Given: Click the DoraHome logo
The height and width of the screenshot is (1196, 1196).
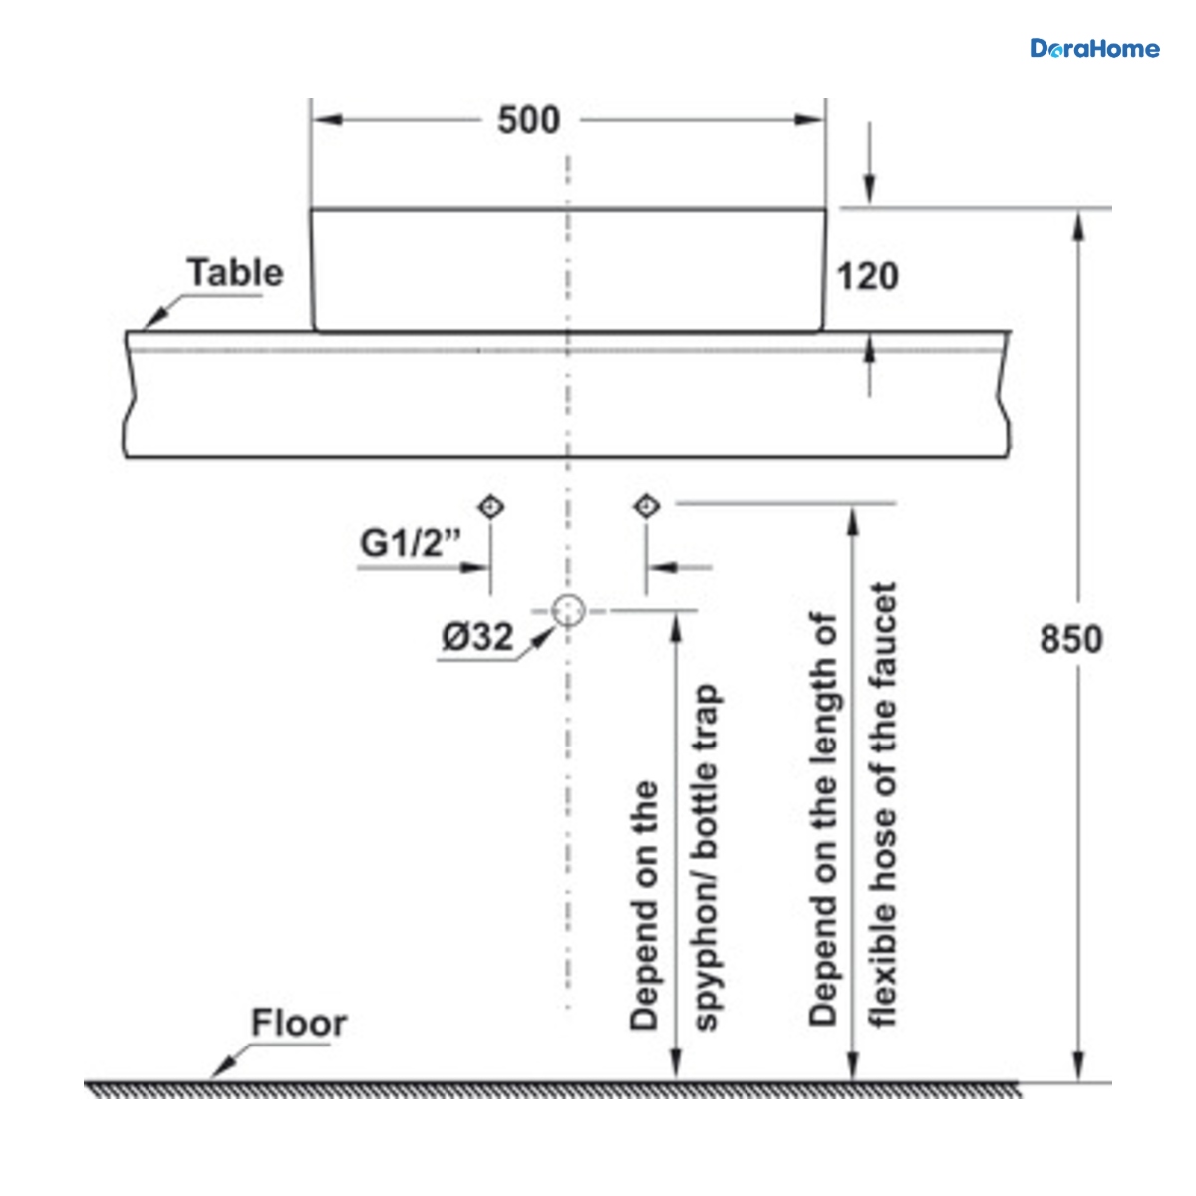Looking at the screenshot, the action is (1094, 49).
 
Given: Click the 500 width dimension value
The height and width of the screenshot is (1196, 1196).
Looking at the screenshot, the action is (529, 120).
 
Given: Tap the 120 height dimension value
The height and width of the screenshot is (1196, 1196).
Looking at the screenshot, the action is (868, 276).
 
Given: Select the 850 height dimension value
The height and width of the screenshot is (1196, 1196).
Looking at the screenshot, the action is (1071, 639).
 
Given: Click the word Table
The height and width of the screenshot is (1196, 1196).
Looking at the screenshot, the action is (235, 272).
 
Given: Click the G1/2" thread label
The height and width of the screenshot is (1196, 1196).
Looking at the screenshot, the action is (411, 543).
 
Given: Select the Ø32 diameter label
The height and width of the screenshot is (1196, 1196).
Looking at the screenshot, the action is (477, 636).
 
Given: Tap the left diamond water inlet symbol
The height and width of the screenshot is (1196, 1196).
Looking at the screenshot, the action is (491, 507).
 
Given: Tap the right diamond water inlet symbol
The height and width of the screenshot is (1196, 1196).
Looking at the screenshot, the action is (646, 506).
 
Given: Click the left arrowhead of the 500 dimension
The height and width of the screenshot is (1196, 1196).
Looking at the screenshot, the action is (327, 120).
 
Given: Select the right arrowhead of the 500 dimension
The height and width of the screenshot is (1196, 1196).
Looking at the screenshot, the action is (810, 120).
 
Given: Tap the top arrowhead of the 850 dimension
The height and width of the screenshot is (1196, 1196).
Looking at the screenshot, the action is (1078, 225).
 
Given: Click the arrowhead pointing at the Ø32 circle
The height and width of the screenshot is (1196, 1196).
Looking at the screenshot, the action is (544, 638).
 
